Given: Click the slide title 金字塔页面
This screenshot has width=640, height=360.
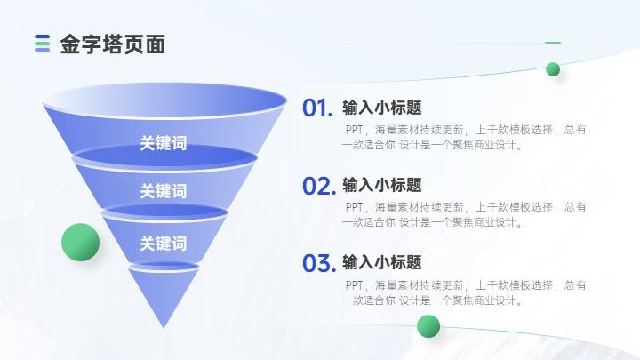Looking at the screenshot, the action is click(113, 44).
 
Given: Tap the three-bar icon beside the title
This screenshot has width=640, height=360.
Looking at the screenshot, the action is click(42, 44).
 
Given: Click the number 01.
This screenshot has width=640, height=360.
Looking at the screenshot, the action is click(317, 108).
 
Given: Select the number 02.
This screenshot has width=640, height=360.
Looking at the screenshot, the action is click(319, 186).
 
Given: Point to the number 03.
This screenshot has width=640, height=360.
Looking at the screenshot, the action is click(319, 263).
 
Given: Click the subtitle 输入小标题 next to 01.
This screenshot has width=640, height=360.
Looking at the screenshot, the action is click(382, 108).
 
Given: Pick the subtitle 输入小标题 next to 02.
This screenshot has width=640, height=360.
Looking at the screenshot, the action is click(382, 185).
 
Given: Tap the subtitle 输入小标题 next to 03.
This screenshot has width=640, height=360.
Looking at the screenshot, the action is click(382, 262).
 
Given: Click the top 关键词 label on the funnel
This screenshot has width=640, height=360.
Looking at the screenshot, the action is click(164, 143).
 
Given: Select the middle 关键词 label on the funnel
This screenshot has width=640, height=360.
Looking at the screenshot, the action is click(164, 191).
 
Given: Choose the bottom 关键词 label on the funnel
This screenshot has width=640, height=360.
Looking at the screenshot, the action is click(164, 244).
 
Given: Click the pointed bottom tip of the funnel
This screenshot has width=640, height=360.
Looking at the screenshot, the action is click(164, 328).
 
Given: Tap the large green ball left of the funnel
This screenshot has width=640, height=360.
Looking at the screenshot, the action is click(80, 242).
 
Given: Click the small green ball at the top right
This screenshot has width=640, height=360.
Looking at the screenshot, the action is click(553, 69).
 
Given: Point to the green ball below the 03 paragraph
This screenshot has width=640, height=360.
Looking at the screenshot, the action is click(428, 326).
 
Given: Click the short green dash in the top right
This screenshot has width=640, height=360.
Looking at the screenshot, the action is click(553, 42).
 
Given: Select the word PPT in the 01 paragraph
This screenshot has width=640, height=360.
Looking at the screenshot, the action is click(354, 130).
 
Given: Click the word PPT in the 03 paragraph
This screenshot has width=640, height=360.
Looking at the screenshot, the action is click(354, 285).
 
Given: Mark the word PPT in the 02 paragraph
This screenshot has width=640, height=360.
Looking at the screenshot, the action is click(354, 207).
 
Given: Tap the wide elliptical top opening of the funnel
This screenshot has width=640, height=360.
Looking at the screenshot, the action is click(165, 100).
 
